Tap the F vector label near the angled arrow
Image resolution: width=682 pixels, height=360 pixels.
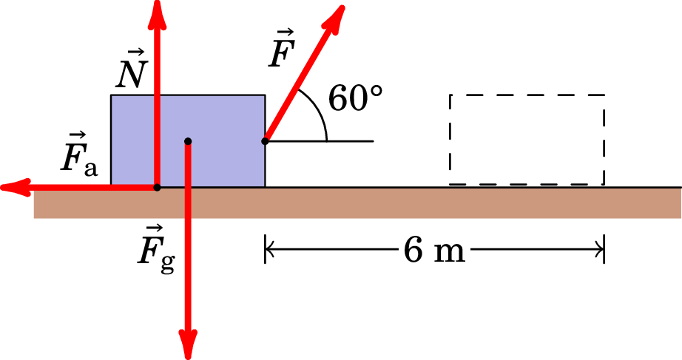(281, 50)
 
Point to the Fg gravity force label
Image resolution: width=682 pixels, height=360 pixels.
(157, 247)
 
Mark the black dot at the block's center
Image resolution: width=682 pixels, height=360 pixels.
(188, 140)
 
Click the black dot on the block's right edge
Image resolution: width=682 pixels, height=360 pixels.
(265, 140)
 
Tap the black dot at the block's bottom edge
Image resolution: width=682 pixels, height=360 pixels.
(157, 187)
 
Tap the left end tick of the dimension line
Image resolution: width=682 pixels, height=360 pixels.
(265, 251)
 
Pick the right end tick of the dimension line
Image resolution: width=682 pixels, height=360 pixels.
(604, 251)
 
